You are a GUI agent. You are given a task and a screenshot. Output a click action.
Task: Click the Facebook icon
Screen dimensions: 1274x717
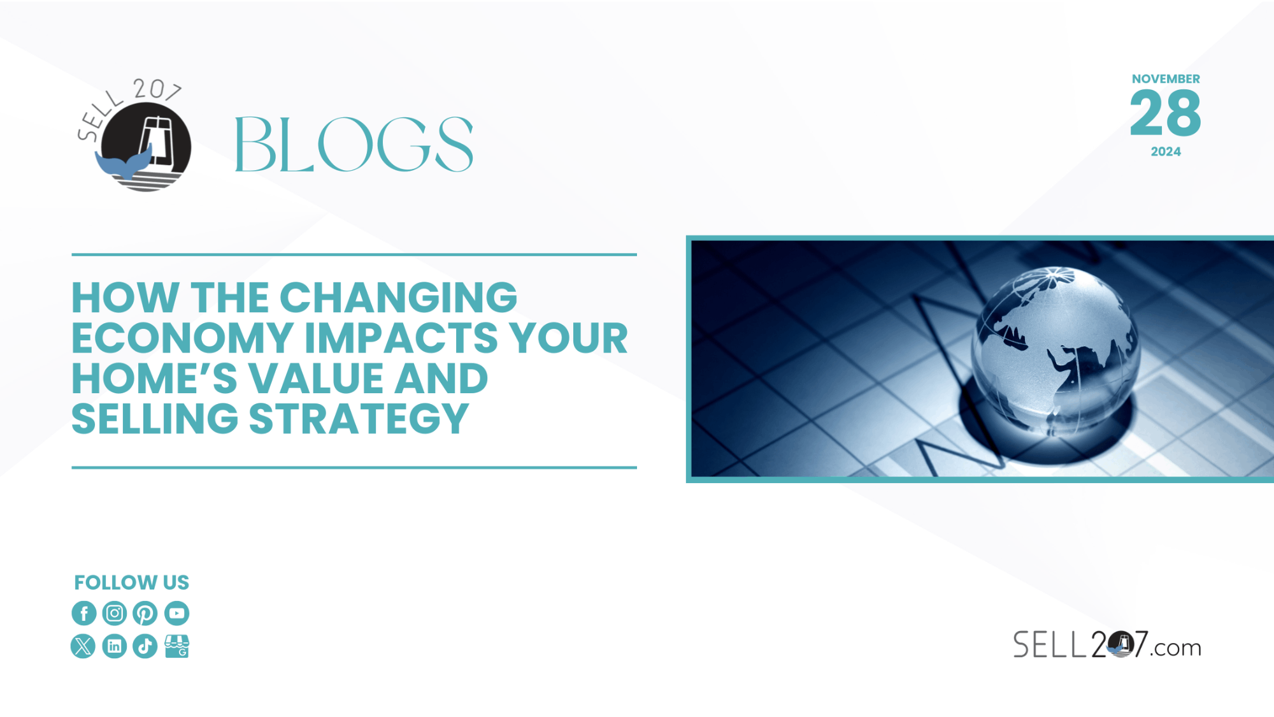click(x=84, y=613)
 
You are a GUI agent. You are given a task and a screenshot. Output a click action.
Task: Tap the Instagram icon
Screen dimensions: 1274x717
click(x=115, y=613)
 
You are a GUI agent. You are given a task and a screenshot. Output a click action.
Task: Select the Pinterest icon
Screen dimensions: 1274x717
click(x=145, y=613)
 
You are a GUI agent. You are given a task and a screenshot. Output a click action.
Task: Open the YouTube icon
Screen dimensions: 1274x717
click(x=177, y=613)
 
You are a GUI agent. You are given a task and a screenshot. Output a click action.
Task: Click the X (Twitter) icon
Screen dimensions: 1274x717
click(x=83, y=646)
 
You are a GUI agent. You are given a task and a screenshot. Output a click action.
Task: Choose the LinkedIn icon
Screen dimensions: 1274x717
click(x=115, y=646)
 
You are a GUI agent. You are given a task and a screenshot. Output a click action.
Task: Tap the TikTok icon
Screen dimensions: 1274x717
click(x=145, y=646)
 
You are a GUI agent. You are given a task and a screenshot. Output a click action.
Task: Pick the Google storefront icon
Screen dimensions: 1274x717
click(x=177, y=646)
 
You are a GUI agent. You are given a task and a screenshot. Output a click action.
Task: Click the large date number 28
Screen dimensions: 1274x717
click(x=1166, y=113)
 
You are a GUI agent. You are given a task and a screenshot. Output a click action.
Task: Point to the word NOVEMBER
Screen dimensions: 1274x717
click(x=1166, y=79)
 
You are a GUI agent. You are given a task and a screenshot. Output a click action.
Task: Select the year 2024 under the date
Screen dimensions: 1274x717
click(x=1166, y=152)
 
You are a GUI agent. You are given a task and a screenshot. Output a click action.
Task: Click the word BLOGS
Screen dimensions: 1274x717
click(x=354, y=145)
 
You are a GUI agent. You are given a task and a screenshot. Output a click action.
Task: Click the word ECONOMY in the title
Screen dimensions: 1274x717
click(x=183, y=338)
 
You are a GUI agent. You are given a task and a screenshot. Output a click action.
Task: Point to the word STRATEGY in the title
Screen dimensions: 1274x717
click(x=359, y=419)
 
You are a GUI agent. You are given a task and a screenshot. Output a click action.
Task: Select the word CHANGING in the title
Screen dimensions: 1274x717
click(x=398, y=298)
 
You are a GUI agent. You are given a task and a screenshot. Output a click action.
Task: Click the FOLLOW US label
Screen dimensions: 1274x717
click(x=132, y=583)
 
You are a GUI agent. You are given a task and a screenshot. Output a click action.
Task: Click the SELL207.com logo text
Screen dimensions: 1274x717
click(x=1107, y=644)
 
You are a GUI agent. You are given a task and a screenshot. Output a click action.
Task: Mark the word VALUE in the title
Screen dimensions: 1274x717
click(x=316, y=379)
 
